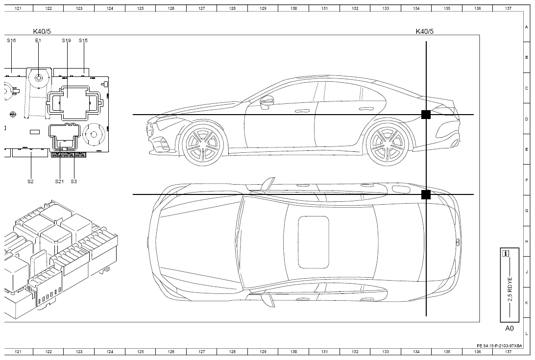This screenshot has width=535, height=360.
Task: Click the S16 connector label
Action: [11, 40]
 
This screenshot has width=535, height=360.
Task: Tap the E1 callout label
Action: [38, 40]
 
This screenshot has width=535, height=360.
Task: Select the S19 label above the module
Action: [66, 40]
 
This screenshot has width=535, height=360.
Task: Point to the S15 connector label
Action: [83, 40]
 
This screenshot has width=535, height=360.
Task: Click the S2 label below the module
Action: [31, 181]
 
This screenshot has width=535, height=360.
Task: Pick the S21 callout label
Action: [59, 181]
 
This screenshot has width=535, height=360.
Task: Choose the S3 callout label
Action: [73, 181]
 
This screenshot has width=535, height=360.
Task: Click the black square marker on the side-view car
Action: [426, 115]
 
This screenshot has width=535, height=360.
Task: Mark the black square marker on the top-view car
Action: [426, 194]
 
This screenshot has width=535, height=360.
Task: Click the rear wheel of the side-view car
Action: [387, 144]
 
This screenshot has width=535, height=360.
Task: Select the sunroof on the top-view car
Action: [314, 242]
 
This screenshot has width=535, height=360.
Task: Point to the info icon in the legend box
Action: [506, 254]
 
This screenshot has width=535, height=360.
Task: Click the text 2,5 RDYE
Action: [510, 289]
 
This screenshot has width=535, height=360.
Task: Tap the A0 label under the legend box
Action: [510, 328]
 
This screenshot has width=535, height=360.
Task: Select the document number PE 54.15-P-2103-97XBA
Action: [500, 346]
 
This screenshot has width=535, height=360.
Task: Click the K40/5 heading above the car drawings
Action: [424, 31]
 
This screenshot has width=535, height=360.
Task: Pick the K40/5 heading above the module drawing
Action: [42, 31]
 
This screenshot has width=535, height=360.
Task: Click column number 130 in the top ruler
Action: [294, 8]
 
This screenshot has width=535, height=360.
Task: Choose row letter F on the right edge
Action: [527, 180]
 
